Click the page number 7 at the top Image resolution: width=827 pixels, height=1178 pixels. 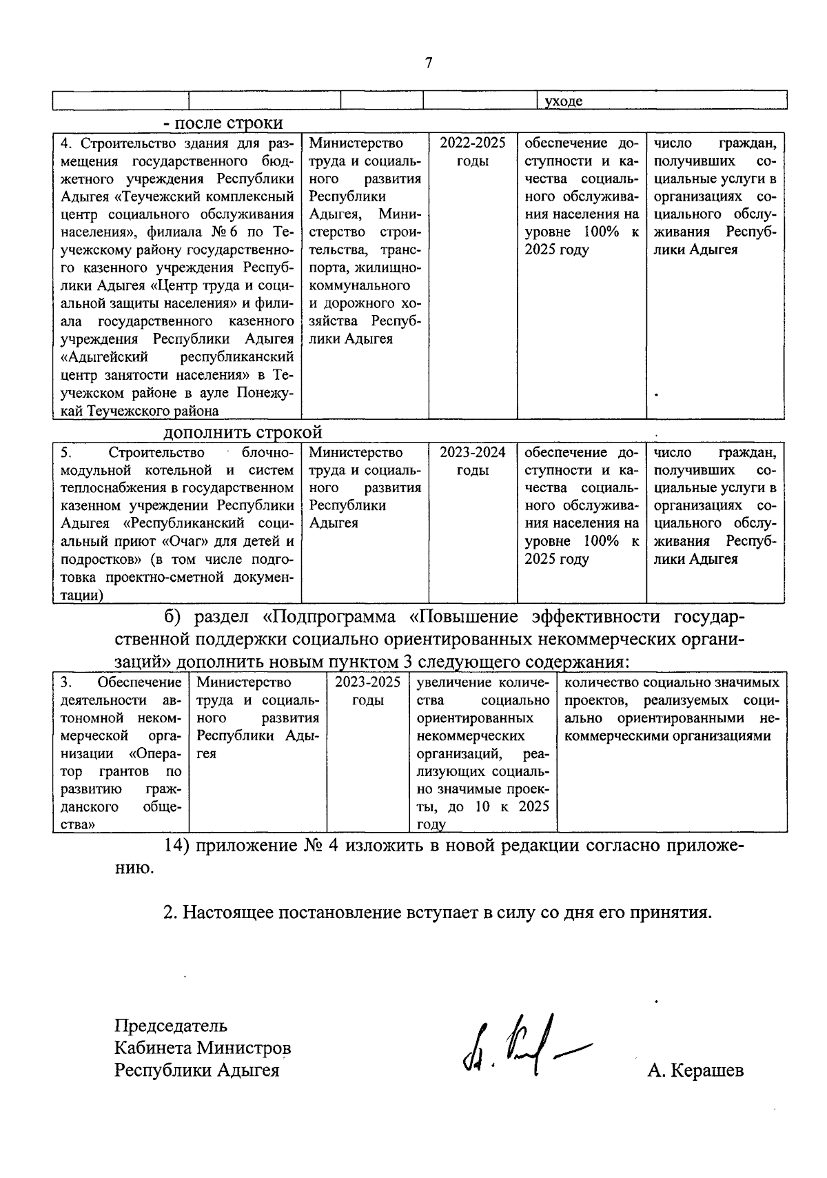(429, 63)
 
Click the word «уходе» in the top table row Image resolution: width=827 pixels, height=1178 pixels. (563, 101)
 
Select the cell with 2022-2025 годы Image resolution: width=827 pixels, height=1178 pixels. (473, 152)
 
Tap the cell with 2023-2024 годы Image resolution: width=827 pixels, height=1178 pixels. (473, 461)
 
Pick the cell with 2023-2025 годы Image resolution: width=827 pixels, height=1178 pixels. (367, 691)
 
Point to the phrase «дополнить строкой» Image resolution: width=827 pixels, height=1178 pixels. (243, 432)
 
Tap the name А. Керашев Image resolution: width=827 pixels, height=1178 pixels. (695, 1071)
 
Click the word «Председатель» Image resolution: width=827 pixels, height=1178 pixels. (171, 1025)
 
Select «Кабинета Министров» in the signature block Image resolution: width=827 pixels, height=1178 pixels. (203, 1048)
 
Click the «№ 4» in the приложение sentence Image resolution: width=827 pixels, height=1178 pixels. (320, 846)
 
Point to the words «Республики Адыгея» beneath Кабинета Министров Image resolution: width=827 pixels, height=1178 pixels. (197, 1070)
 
